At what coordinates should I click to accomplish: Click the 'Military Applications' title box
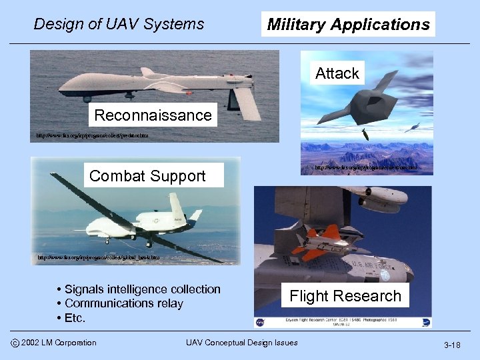click(x=348, y=25)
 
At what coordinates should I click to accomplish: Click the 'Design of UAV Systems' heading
click(x=119, y=25)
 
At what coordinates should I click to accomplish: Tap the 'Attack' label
click(x=337, y=73)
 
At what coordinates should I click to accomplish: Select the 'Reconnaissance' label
click(x=153, y=115)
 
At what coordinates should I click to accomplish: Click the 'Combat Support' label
click(x=147, y=176)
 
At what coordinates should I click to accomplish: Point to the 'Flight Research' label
click(x=345, y=296)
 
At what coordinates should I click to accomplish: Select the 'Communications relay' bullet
click(x=123, y=303)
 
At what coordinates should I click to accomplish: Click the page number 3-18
click(x=452, y=345)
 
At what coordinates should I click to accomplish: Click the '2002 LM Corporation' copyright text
click(x=59, y=343)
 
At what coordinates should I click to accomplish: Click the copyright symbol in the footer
click(x=15, y=343)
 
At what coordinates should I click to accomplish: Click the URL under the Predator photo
click(x=93, y=135)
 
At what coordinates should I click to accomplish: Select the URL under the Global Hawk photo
click(x=97, y=257)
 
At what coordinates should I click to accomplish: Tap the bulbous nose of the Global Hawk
click(x=177, y=203)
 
